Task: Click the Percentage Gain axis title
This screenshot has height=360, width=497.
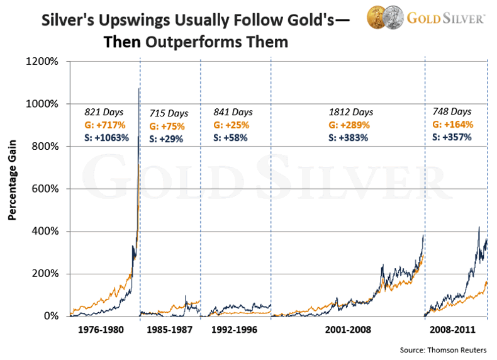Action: point(12,188)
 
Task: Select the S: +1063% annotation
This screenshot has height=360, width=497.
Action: point(106,137)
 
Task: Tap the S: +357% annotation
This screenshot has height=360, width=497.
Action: point(452,136)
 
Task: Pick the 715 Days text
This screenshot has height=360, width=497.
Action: point(169,113)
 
